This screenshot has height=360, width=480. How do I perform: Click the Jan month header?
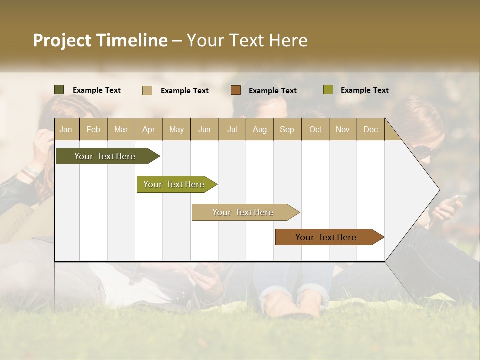pyautogui.click(x=66, y=129)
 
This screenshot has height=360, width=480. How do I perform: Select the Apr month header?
pyautogui.click(x=149, y=129)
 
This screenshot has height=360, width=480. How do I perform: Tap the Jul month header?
pyautogui.click(x=232, y=129)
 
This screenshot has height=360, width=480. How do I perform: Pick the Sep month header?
pyautogui.click(x=287, y=129)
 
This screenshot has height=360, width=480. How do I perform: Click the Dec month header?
pyautogui.click(x=370, y=129)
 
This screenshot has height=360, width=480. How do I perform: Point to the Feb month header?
pyautogui.click(x=93, y=129)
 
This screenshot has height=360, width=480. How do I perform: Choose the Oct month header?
pyautogui.click(x=315, y=129)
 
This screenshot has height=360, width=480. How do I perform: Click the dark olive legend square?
pyautogui.click(x=59, y=90)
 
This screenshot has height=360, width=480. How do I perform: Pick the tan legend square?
pyautogui.click(x=147, y=90)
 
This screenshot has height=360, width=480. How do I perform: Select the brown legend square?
pyautogui.click(x=236, y=90)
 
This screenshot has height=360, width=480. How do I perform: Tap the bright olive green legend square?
pyautogui.click(x=328, y=90)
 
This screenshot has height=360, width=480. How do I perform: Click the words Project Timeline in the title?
pyautogui.click(x=100, y=40)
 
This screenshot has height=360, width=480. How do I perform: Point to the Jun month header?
pyautogui.click(x=204, y=129)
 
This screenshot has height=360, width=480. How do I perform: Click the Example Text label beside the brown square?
pyautogui.click(x=272, y=91)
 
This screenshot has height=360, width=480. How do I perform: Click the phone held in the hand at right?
pyautogui.click(x=455, y=200)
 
